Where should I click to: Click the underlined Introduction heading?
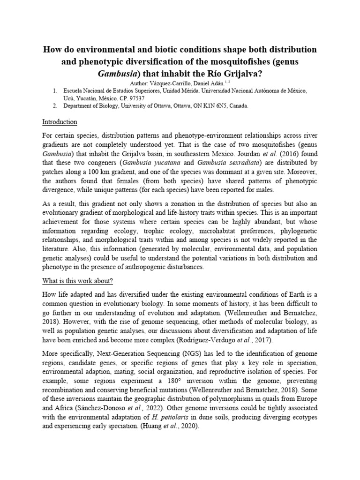click(x=60, y=122)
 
